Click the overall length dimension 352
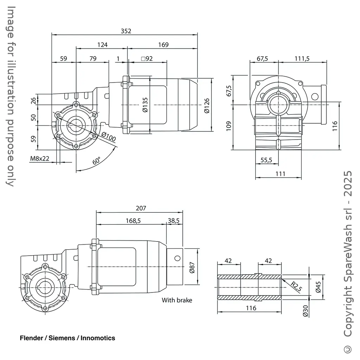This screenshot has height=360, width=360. (126, 31)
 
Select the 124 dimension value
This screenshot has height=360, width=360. (102, 45)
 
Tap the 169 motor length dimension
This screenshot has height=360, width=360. (163, 45)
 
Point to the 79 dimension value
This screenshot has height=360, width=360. (93, 58)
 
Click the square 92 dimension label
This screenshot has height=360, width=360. (147, 58)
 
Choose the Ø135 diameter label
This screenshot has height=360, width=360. (145, 105)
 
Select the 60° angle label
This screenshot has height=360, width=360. (97, 161)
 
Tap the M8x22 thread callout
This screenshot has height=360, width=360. (40, 159)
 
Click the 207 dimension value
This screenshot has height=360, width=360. (141, 208)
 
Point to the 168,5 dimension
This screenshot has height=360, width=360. (133, 220)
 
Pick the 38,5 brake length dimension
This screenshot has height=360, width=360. (174, 220)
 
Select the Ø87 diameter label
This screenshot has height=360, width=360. (192, 267)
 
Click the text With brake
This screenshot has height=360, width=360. (177, 300)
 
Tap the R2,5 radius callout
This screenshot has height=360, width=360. (296, 286)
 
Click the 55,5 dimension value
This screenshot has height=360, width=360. (266, 160)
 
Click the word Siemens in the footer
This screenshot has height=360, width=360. (62, 338)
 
